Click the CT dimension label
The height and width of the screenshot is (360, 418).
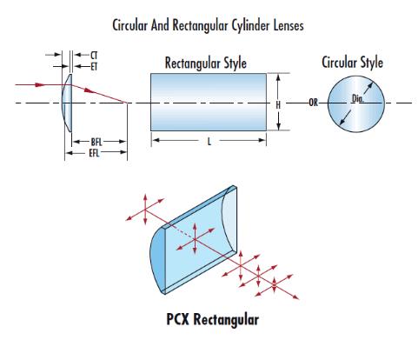pyautogui.click(x=94, y=55)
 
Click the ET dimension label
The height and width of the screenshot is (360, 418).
pyautogui.click(x=94, y=67)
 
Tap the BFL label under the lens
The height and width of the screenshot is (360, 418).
pyautogui.click(x=96, y=142)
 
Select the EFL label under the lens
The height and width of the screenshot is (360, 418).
pyautogui.click(x=94, y=153)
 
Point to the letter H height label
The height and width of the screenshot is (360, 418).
pyautogui.click(x=278, y=105)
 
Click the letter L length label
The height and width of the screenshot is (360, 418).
pyautogui.click(x=209, y=142)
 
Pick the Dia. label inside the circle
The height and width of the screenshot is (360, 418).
pyautogui.click(x=357, y=99)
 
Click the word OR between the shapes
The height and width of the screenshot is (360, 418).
pyautogui.click(x=313, y=103)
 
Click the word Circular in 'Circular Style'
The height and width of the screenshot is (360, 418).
pyautogui.click(x=339, y=63)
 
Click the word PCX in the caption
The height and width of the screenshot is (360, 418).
pyautogui.click(x=178, y=319)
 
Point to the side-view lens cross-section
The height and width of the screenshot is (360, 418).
pyautogui.click(x=67, y=103)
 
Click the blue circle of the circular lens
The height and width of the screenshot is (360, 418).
pyautogui.click(x=356, y=104)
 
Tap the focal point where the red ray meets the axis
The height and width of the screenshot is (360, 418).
pyautogui.click(x=127, y=103)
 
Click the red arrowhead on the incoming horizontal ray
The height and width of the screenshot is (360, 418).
pyautogui.click(x=40, y=84)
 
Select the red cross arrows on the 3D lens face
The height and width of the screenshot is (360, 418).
pyautogui.click(x=196, y=239)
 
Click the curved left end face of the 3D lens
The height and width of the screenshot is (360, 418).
pyautogui.click(x=157, y=259)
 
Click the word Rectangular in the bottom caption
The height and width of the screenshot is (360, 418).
pyautogui.click(x=226, y=320)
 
